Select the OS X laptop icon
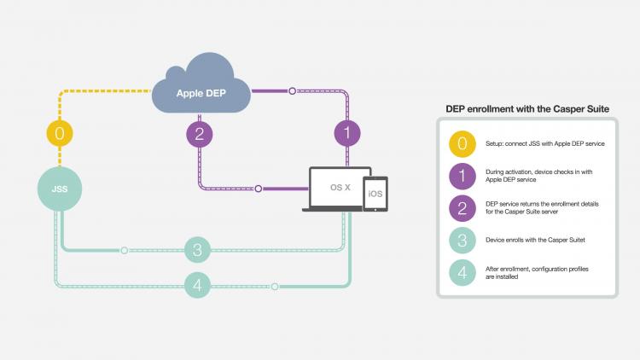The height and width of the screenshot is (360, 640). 340,188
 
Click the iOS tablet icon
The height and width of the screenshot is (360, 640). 375,195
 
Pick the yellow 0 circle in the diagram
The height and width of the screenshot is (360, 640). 58,133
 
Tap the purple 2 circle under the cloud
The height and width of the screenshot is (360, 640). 200,133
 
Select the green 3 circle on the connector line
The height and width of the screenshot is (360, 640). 197,250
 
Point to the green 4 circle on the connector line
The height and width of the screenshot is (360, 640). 197,286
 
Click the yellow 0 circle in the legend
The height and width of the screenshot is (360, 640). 463,143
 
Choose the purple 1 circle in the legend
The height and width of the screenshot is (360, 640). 463,176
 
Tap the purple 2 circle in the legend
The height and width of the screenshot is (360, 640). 463,208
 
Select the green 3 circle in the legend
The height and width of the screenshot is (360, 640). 463,241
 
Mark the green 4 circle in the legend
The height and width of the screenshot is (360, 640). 463,273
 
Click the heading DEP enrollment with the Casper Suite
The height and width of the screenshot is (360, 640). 527,108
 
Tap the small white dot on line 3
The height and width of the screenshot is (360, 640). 125,250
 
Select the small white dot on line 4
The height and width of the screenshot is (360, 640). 275,287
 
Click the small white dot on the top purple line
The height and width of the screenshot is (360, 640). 292,89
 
